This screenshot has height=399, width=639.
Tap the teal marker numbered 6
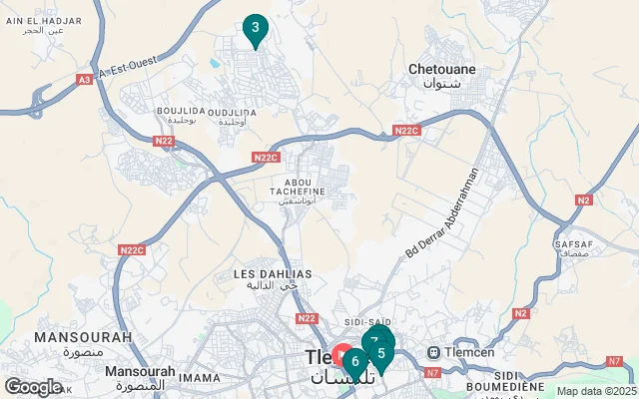click(x=354, y=361)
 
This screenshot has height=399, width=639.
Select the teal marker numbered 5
click(x=381, y=353)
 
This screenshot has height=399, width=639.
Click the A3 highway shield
click(x=84, y=79)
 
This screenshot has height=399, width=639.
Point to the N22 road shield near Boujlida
click(x=164, y=142)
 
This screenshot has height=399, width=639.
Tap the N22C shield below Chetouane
click(x=406, y=131)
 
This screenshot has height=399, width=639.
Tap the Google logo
click(x=33, y=386)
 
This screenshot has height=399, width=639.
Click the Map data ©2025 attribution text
click(x=595, y=391)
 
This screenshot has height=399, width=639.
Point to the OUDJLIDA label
click(x=231, y=112)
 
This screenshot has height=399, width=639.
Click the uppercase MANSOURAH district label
click(x=83, y=338)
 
